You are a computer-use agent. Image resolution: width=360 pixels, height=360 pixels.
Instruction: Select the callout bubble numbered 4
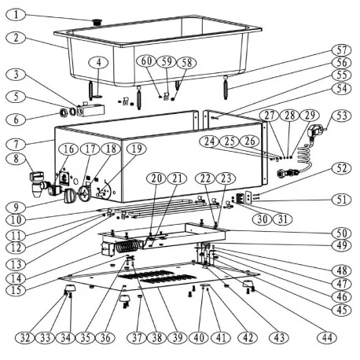point(98,61)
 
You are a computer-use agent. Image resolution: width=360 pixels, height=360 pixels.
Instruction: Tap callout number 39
point(178,339)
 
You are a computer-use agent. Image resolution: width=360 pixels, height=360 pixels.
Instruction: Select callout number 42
point(248,339)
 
